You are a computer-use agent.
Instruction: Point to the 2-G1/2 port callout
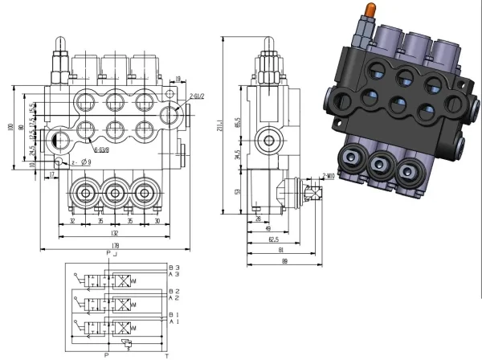[197, 95]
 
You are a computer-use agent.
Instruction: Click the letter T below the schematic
[167, 354]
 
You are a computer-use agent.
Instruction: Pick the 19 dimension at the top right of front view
[178, 78]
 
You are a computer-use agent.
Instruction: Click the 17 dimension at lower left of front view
[52, 173]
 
